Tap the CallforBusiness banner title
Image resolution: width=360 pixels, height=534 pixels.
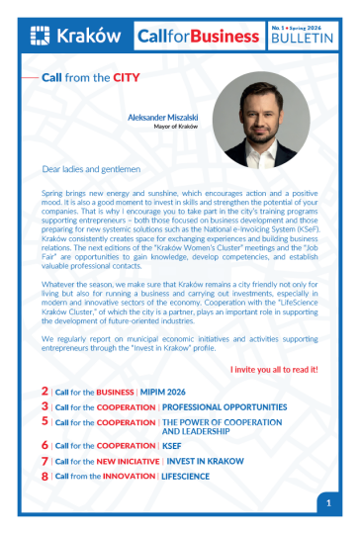coord(199,37)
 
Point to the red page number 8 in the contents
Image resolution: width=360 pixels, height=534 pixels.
coord(45,476)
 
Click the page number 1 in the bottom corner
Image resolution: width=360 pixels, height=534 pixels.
coord(328,503)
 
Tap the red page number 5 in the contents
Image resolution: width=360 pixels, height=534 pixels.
coord(45,421)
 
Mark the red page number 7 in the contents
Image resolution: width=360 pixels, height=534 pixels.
coord(45,461)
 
